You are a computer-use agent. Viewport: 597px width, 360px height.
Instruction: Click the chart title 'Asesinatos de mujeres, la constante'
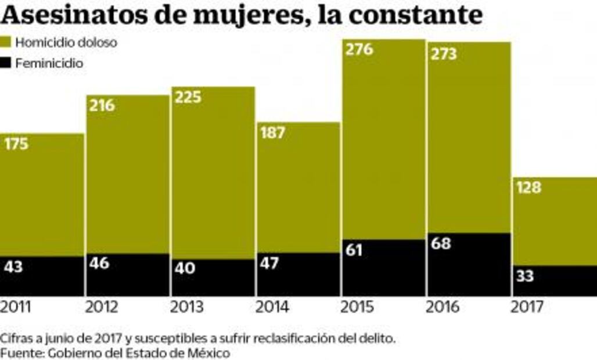(x=241, y=15)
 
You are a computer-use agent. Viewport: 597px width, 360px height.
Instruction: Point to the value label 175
(x=17, y=144)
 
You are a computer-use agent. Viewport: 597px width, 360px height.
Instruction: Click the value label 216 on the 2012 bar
(x=102, y=106)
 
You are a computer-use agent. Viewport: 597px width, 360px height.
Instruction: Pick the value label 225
(x=188, y=96)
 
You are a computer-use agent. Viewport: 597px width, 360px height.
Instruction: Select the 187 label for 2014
(x=272, y=132)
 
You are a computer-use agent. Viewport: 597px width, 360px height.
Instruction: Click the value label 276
(x=359, y=49)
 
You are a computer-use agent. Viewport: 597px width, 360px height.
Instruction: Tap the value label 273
(x=444, y=54)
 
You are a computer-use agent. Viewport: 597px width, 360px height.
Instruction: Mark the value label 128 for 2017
(x=528, y=188)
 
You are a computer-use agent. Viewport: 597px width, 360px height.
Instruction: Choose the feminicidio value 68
(x=441, y=243)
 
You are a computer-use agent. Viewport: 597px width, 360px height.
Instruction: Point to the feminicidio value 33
(x=524, y=276)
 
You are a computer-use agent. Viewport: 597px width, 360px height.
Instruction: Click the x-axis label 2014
(x=272, y=307)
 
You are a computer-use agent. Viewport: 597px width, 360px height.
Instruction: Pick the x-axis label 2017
(x=527, y=307)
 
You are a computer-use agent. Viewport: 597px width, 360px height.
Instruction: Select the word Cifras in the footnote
(x=15, y=338)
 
